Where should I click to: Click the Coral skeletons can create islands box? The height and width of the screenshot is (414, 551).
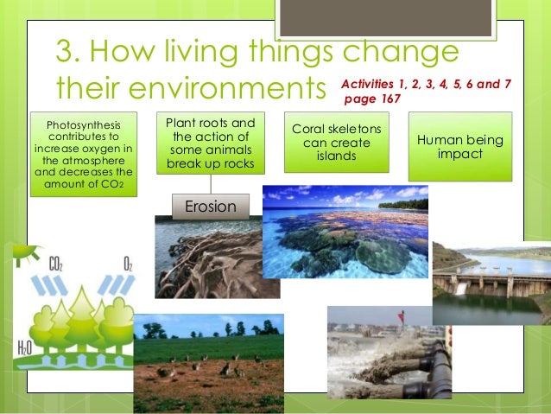click(x=341, y=143)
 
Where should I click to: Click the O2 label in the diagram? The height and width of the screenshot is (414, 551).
click(x=127, y=262)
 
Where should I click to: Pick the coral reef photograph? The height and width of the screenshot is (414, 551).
click(x=345, y=231)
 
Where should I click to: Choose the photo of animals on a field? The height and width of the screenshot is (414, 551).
click(x=208, y=363)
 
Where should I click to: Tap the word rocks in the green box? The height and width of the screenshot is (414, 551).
click(x=246, y=164)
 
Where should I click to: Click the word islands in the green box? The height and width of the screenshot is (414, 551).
click(x=341, y=156)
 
